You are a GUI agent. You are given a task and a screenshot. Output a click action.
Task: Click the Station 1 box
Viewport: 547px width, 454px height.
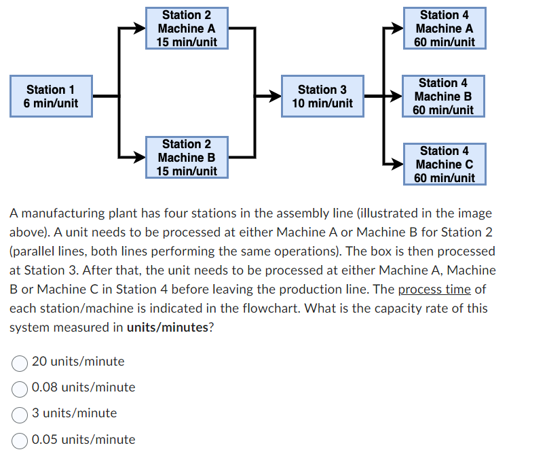point(51,96)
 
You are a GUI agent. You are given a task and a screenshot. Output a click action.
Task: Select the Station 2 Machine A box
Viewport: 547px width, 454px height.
point(187,28)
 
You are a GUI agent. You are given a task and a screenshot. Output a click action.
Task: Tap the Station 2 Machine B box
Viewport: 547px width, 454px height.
point(187,157)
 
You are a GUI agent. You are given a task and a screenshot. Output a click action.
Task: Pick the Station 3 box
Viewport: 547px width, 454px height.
point(322,96)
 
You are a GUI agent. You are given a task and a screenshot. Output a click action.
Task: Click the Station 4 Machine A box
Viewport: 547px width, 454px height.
point(444,28)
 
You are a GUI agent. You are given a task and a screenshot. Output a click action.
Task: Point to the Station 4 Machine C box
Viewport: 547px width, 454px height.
point(444,164)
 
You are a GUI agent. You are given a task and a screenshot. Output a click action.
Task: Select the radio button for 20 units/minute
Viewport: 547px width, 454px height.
point(20,362)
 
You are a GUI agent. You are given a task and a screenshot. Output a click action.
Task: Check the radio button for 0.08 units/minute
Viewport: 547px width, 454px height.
point(20,387)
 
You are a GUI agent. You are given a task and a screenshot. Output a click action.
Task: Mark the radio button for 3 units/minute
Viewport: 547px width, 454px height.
point(20,413)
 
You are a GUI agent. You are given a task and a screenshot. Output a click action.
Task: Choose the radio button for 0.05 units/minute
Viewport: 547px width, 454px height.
point(20,440)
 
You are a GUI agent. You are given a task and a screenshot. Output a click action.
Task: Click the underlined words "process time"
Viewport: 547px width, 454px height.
point(434,289)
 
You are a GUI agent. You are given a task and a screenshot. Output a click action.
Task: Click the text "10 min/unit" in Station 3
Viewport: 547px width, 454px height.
point(322,103)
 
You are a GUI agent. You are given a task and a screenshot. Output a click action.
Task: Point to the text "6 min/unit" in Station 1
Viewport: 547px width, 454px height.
point(51,103)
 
